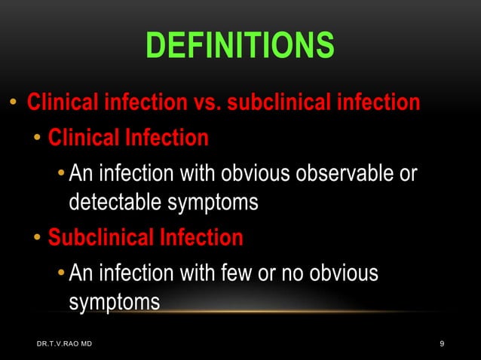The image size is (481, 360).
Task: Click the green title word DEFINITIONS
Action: tap(240, 45)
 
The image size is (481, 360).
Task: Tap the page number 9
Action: tap(442, 344)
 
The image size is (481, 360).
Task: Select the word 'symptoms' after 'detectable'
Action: tap(218, 202)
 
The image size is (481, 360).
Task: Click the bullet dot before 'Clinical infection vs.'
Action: tap(13, 102)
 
